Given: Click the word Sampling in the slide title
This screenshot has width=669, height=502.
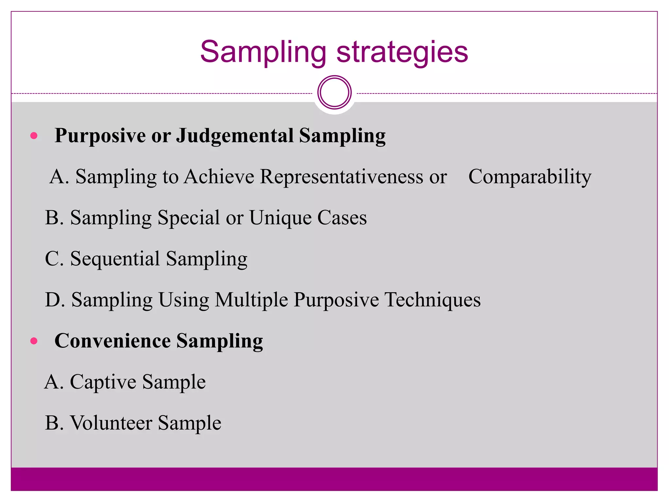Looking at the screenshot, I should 263,52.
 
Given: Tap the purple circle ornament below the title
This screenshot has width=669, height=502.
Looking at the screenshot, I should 334,92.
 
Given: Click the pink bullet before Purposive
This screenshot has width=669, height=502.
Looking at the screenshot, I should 34,136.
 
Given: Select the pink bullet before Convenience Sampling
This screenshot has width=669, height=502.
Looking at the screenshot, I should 34,341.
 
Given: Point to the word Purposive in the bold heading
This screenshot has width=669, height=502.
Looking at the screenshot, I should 100,136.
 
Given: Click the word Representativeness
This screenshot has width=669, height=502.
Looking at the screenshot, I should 341,177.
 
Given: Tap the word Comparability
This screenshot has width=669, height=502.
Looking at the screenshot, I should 530,177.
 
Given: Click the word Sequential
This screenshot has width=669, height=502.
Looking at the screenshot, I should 115,259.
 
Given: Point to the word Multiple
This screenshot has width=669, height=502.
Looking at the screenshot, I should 251,300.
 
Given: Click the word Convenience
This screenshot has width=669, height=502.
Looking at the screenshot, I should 113,341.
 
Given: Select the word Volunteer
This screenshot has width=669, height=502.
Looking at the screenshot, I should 111,423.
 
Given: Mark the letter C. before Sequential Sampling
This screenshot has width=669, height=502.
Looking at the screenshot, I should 54,259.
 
